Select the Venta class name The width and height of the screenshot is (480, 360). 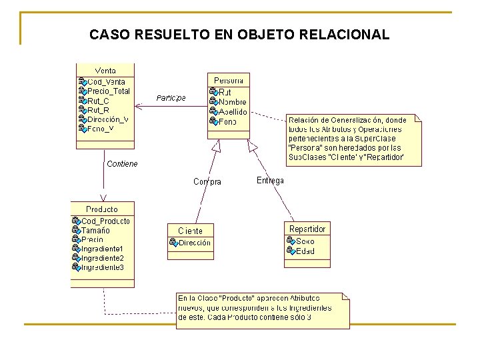(105, 71)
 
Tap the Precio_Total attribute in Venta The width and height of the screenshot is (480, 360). (109, 91)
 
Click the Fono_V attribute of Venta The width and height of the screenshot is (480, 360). (101, 129)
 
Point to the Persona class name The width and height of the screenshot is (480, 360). (229, 80)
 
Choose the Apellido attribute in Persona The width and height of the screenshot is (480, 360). (233, 112)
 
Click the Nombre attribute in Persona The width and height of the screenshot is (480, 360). (232, 102)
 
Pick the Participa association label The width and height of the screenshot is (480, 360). (171, 98)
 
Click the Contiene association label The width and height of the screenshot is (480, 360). (122, 163)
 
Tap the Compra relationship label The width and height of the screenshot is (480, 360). (207, 181)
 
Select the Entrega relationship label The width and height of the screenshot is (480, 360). (270, 180)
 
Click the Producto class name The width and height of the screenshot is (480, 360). (102, 209)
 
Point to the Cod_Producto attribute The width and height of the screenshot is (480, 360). (105, 221)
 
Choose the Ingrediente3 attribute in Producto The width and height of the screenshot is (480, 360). (102, 267)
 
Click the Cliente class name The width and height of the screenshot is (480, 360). (190, 231)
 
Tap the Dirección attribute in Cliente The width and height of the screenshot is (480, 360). (195, 243)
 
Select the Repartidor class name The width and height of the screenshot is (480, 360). (307, 229)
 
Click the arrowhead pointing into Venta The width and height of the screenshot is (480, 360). (138, 105)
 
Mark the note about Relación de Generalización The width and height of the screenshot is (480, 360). (355, 139)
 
